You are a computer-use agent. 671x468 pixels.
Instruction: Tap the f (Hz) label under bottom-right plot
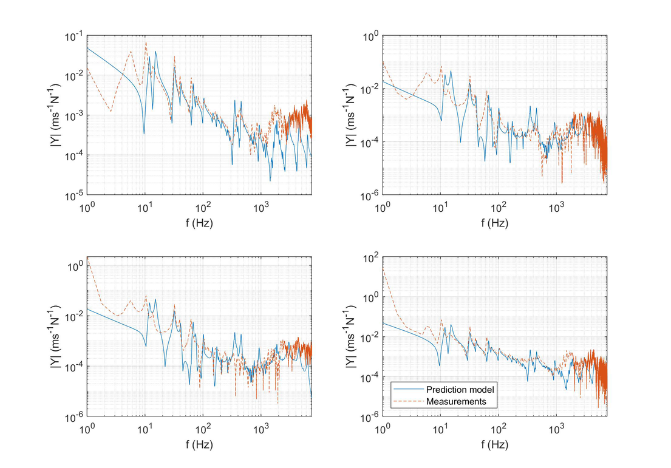496,444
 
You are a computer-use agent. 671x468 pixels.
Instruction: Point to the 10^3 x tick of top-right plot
556,208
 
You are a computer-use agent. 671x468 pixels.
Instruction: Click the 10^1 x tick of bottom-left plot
146,429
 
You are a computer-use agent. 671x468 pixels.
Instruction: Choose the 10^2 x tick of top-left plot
203,208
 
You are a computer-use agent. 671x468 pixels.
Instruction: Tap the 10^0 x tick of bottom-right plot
384,429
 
